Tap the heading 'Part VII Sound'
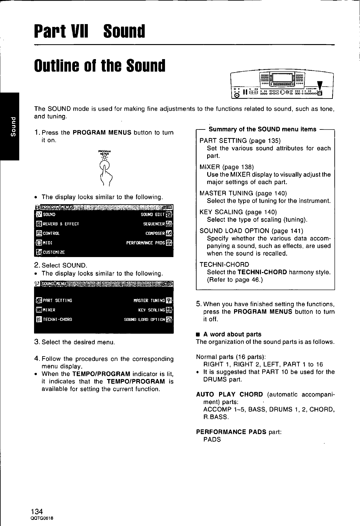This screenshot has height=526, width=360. point(90,31)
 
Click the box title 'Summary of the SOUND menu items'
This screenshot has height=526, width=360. point(262,129)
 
